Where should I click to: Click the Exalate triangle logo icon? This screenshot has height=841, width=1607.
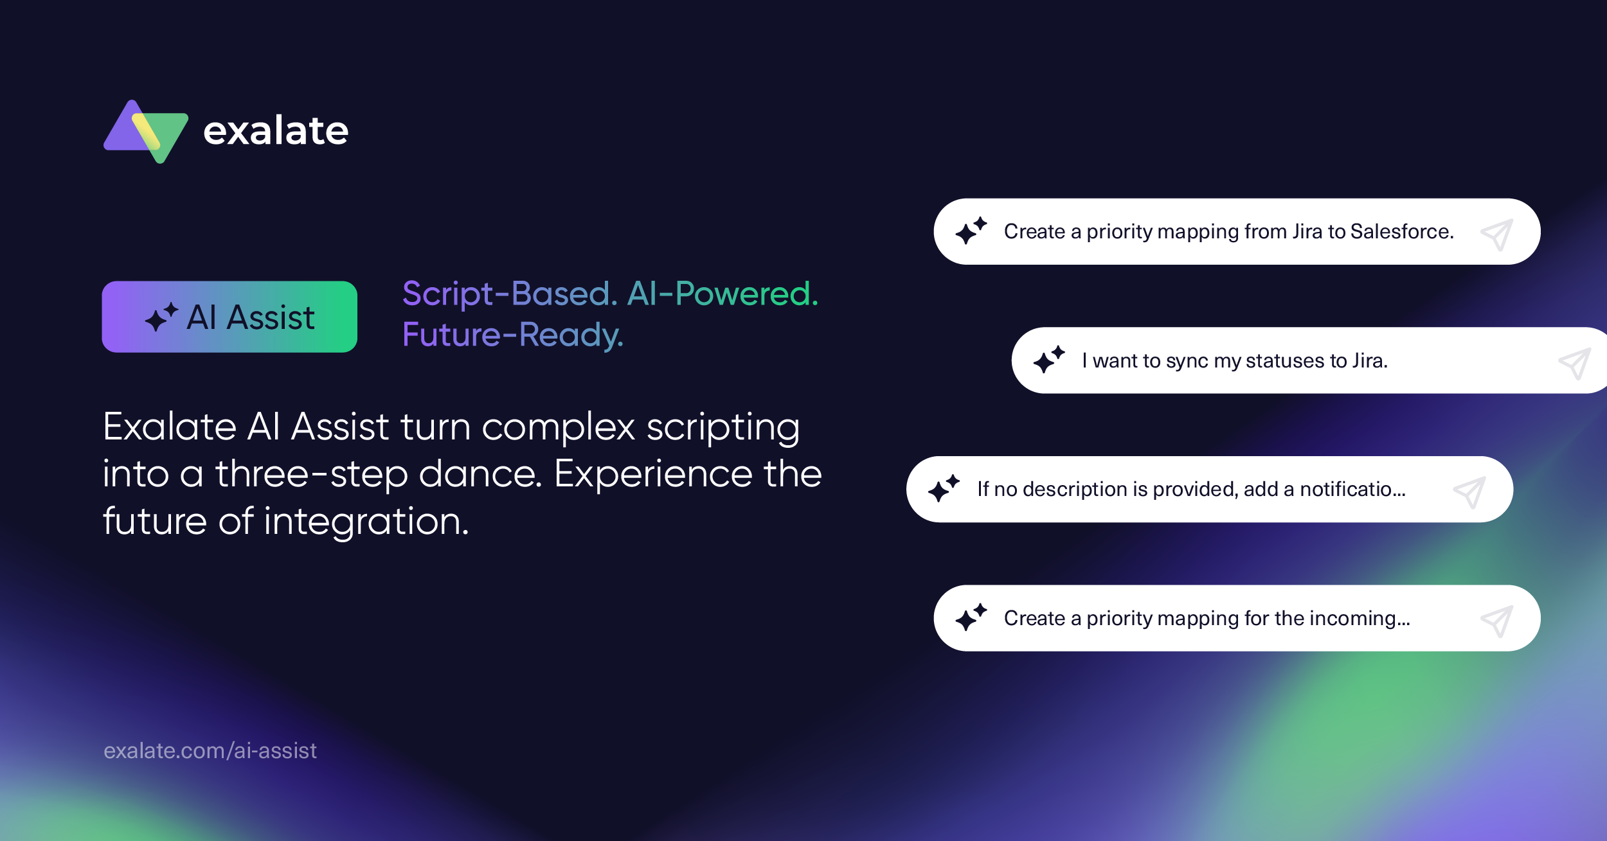pos(146,131)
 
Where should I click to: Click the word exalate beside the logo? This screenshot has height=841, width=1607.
pos(276,131)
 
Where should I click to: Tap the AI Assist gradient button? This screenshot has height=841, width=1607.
pos(229,317)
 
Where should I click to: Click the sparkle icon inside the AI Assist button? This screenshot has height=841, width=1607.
pos(161,317)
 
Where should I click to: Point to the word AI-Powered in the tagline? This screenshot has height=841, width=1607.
pos(723,294)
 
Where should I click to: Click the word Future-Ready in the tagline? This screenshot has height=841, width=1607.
pos(512,335)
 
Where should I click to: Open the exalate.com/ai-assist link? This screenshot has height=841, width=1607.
pos(210,750)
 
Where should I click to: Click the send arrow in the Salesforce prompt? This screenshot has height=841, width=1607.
pos(1496,235)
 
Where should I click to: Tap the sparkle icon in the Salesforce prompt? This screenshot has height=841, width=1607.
pos(971,231)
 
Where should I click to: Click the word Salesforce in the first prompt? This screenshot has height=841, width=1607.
pos(1402,231)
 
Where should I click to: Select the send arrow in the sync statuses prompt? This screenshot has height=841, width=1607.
pos(1575,364)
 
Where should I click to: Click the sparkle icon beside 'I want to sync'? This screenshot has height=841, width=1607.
pos(1049,360)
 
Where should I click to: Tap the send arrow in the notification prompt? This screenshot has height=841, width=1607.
pos(1469,492)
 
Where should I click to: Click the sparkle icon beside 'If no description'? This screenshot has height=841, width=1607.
pos(944,488)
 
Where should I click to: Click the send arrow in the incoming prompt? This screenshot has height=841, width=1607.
pos(1496,621)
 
